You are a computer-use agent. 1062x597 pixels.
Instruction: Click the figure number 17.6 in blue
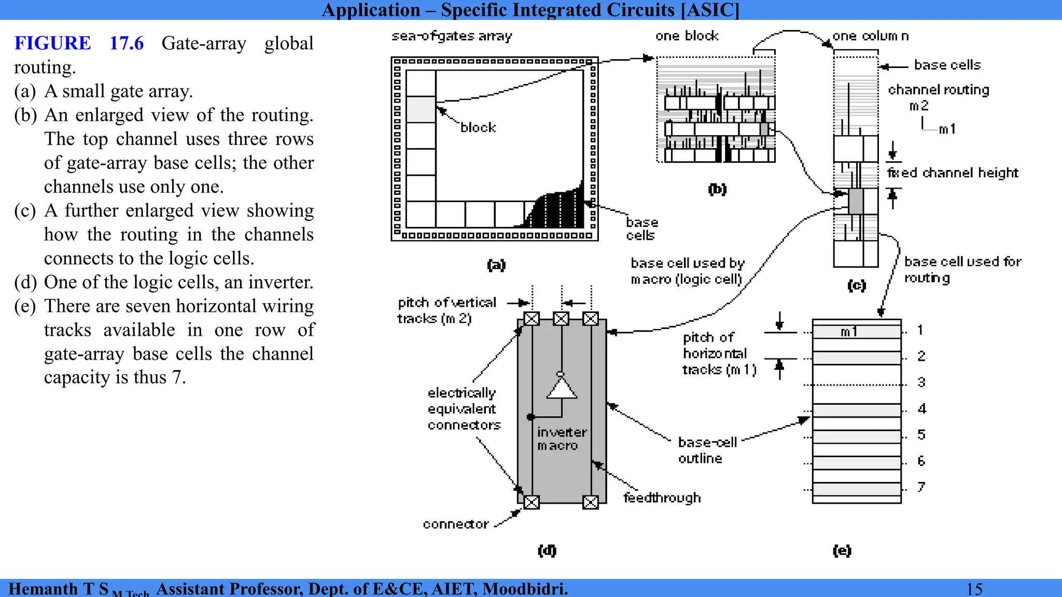tap(127, 43)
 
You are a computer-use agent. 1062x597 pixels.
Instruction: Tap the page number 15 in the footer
tap(974, 589)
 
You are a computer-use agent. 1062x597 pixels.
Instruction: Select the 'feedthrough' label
tap(662, 498)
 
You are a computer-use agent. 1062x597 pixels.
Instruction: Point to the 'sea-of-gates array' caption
tap(451, 36)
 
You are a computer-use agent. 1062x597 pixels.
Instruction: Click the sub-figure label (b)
tap(717, 189)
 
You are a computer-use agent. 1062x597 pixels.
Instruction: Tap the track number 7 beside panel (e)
tap(921, 487)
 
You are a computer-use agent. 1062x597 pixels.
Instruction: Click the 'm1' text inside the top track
tap(849, 332)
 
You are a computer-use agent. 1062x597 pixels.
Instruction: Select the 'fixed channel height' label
tap(952, 173)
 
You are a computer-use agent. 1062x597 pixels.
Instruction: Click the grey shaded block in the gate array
tap(421, 109)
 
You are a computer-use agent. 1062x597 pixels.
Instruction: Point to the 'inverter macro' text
tap(561, 439)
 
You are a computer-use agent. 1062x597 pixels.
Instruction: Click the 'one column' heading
tap(870, 36)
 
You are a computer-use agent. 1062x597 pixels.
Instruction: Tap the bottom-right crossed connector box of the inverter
tap(590, 502)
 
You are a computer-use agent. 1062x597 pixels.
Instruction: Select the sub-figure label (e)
tap(842, 550)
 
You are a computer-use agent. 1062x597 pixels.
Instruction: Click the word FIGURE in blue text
tap(52, 43)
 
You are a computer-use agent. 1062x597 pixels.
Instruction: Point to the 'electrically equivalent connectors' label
tap(464, 409)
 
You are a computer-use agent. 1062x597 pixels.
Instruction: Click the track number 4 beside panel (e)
tap(921, 409)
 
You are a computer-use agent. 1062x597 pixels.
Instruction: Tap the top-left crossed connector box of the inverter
tap(532, 319)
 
